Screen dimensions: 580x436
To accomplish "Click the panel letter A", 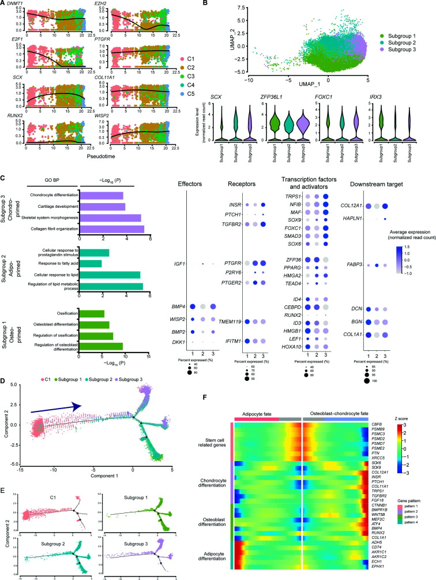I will pyautogui.click(x=3, y=5).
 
